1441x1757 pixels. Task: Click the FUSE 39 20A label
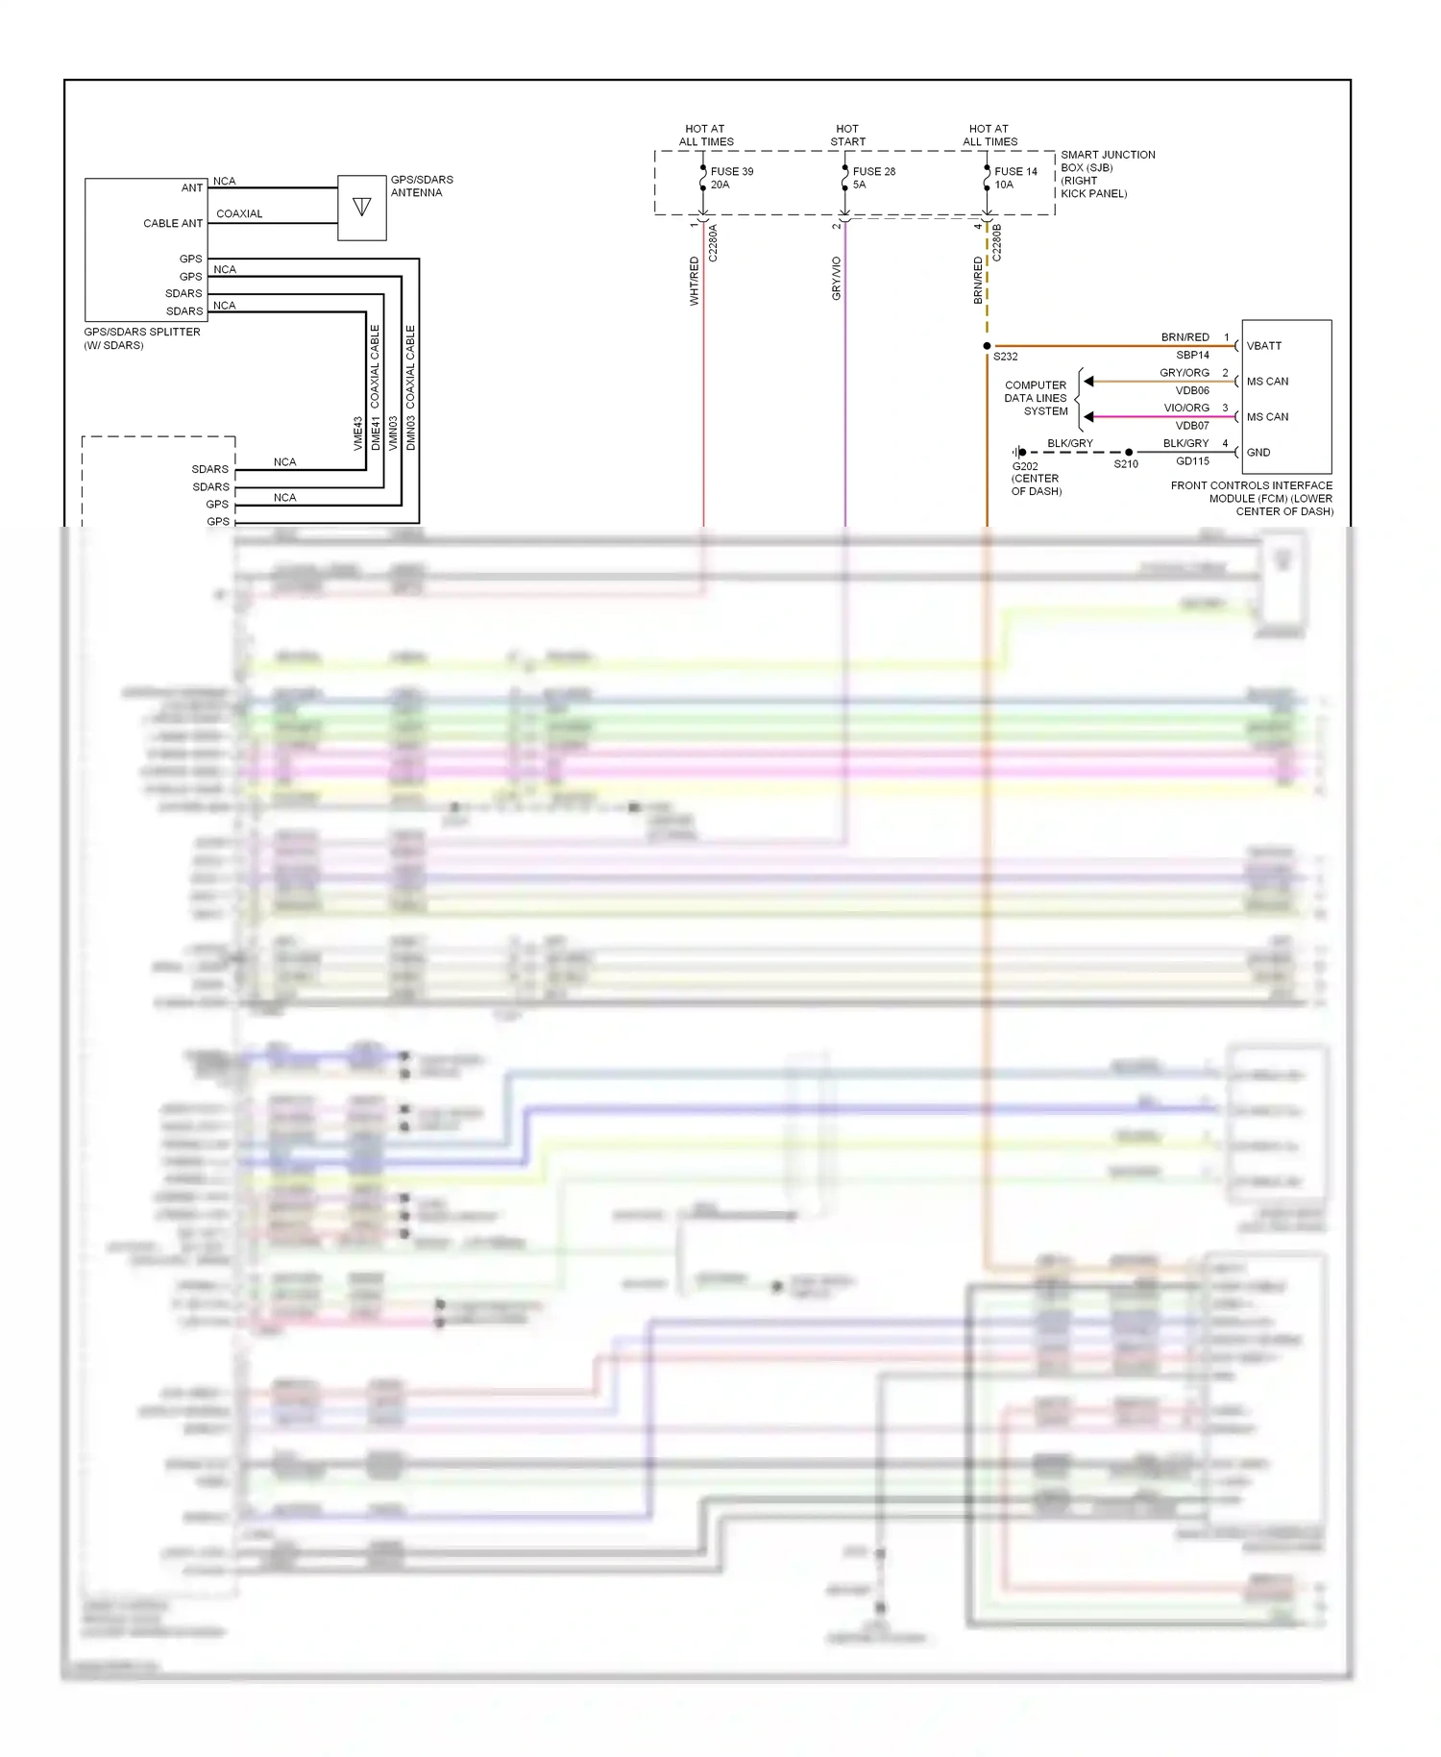[x=731, y=178]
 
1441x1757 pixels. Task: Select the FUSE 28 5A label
[x=873, y=178]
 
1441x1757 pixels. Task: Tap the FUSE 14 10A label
[x=1015, y=178]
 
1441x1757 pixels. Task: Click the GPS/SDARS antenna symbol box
[x=362, y=207]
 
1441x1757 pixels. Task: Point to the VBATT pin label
[x=1264, y=346]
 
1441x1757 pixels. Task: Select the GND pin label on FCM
[x=1258, y=453]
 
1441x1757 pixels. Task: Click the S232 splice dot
[x=987, y=346]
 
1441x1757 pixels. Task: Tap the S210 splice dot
[x=1129, y=452]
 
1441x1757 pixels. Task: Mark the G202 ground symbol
[x=1018, y=452]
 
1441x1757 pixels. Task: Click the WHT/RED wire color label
[x=695, y=282]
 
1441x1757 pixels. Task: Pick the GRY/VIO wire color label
[x=837, y=279]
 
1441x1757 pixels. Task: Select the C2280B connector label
[x=997, y=243]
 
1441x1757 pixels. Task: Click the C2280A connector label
[x=713, y=243]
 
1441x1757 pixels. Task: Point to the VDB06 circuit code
[x=1192, y=391]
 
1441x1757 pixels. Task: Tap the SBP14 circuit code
[x=1192, y=356]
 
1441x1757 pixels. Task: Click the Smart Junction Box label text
[x=1107, y=174]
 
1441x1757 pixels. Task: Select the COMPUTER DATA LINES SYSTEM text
[x=1036, y=398]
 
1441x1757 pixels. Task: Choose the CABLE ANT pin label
[x=173, y=224]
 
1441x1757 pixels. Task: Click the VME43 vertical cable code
[x=358, y=433]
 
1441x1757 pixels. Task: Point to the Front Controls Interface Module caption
[x=1251, y=499]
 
